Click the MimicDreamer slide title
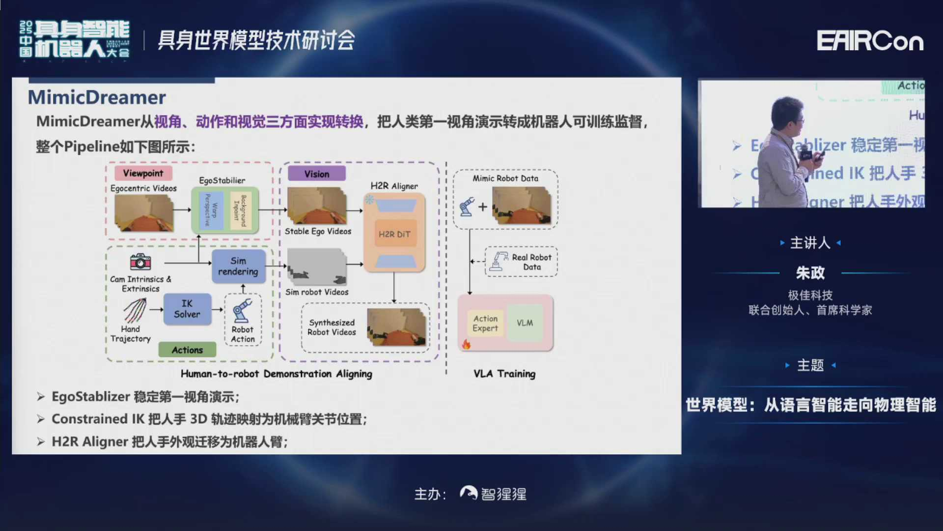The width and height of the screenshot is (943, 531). click(97, 97)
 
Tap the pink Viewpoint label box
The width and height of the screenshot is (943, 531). click(143, 173)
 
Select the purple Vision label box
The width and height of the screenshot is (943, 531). click(317, 174)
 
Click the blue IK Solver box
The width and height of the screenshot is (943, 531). click(187, 309)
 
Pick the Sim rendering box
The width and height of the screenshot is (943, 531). click(238, 266)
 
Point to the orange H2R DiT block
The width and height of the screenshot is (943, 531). click(394, 234)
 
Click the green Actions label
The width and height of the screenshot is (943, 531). click(187, 350)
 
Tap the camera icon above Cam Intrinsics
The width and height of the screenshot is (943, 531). click(140, 262)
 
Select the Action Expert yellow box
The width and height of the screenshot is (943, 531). click(485, 323)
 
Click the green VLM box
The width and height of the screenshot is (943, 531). click(525, 323)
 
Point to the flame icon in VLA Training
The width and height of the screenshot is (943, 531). click(466, 344)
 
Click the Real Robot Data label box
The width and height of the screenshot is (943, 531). click(522, 262)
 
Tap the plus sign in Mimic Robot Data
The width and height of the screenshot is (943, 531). click(483, 207)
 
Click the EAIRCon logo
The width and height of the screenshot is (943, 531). click(870, 41)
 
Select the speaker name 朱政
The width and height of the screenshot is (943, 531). click(810, 272)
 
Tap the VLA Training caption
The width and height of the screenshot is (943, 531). click(504, 374)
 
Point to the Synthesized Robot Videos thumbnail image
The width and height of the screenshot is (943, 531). click(396, 326)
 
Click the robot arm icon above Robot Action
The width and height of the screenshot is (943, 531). click(243, 310)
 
